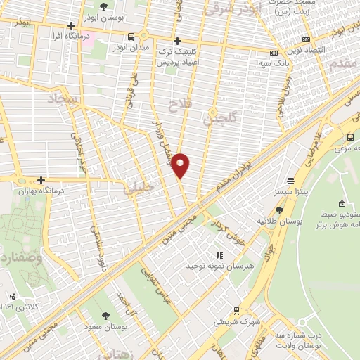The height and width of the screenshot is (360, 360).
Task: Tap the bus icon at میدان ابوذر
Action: (131, 37)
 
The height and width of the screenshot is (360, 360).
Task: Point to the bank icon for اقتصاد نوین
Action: (305, 40)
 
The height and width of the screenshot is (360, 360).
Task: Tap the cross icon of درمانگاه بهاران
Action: (41, 180)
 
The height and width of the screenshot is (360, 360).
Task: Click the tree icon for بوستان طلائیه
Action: (279, 210)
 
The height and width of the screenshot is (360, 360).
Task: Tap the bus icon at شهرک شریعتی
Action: (236, 310)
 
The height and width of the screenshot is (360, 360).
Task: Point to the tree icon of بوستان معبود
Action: (106, 316)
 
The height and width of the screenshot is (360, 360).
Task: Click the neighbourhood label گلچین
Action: (216, 117)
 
